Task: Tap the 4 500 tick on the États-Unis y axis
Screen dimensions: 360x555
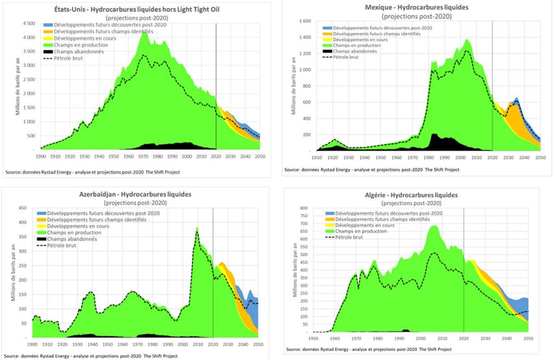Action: [x=27, y=24]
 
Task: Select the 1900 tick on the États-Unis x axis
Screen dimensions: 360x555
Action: [x=41, y=156]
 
